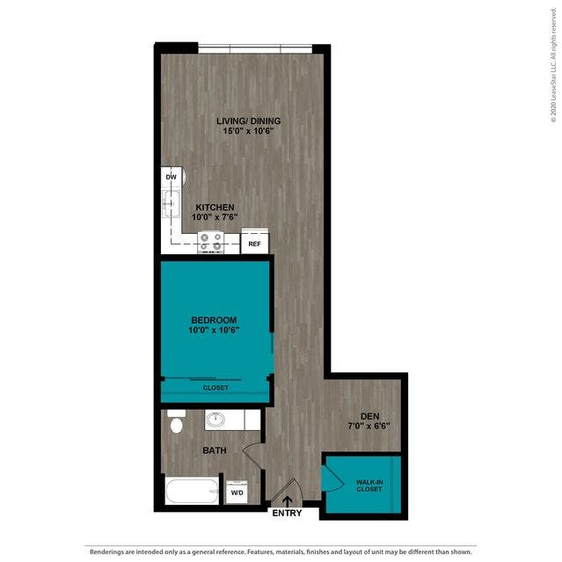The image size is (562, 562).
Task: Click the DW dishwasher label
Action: point(171,177)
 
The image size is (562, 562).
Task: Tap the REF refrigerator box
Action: point(255,241)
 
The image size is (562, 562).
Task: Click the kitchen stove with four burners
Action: point(211,242)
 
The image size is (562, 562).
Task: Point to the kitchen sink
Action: point(172,203)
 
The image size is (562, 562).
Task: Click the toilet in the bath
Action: point(176,422)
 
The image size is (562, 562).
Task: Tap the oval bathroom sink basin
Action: point(215,420)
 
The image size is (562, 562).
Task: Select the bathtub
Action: point(192,491)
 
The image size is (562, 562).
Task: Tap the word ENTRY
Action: point(287,513)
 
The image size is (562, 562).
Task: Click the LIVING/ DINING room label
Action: point(248,120)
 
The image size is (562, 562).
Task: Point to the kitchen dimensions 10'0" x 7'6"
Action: point(215,217)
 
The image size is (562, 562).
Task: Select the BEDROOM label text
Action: point(214,320)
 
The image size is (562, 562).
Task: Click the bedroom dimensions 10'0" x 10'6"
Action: point(214,330)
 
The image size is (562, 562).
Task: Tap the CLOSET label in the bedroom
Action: point(215,388)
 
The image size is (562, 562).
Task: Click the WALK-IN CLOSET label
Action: point(369,485)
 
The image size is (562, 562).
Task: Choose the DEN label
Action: point(370,416)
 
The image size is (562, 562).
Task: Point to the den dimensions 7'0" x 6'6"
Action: point(369,426)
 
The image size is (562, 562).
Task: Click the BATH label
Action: point(215,450)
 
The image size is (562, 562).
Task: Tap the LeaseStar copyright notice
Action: point(553,65)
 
